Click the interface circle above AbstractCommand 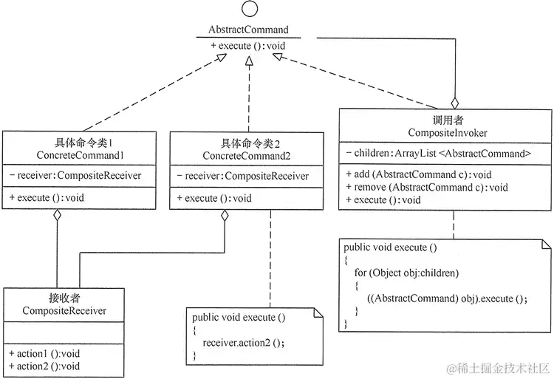249,12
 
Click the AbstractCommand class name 248,30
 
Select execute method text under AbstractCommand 248,46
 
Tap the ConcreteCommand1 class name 79,155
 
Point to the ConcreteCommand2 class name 246,156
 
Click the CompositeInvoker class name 446,132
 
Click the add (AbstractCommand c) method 419,175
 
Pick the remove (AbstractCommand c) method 427,188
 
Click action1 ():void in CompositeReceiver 45,353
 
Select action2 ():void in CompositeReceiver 45,366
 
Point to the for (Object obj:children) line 406,273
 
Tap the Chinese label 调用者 446,119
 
